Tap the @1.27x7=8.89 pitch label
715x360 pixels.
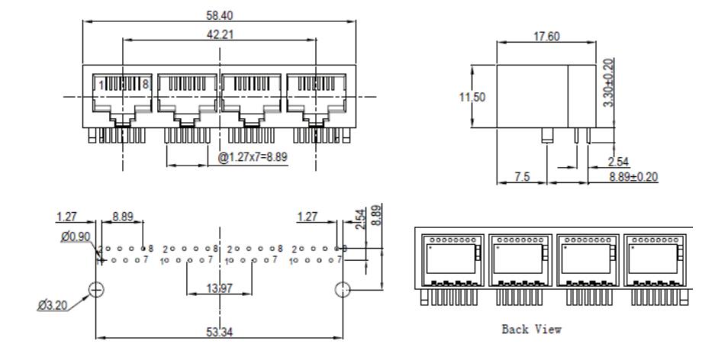click(x=253, y=157)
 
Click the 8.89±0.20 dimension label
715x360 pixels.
click(x=633, y=176)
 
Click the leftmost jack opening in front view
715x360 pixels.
click(x=122, y=97)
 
